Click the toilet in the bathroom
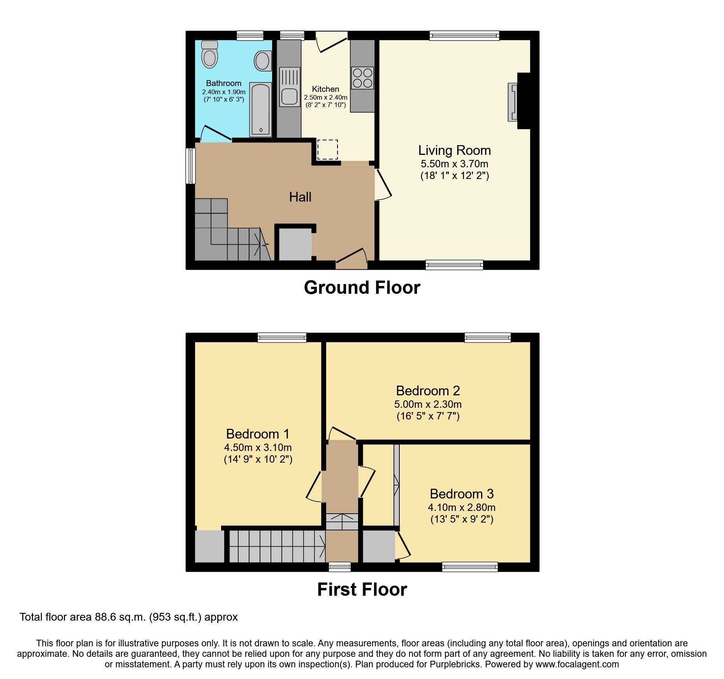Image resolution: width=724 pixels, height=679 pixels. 209,55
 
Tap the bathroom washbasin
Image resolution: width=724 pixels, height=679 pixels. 263,61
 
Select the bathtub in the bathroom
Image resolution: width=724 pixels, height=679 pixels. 260,109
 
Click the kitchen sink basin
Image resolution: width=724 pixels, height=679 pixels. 289,96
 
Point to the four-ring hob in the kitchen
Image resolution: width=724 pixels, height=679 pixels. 362,78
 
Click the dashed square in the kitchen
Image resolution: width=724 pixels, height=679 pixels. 327,149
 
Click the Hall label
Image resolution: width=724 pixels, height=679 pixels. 300,197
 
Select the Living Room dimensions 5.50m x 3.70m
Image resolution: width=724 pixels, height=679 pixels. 454,164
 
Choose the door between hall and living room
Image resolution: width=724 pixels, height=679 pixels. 383,184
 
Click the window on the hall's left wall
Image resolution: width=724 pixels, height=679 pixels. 190,165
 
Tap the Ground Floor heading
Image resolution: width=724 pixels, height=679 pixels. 362,288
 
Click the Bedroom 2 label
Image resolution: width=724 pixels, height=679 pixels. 428,391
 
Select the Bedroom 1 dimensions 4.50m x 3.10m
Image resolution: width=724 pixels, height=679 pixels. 258,447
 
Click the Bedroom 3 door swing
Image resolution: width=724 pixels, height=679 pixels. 403,547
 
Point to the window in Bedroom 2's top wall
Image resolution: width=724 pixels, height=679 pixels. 487,337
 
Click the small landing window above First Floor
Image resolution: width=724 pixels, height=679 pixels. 340,567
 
